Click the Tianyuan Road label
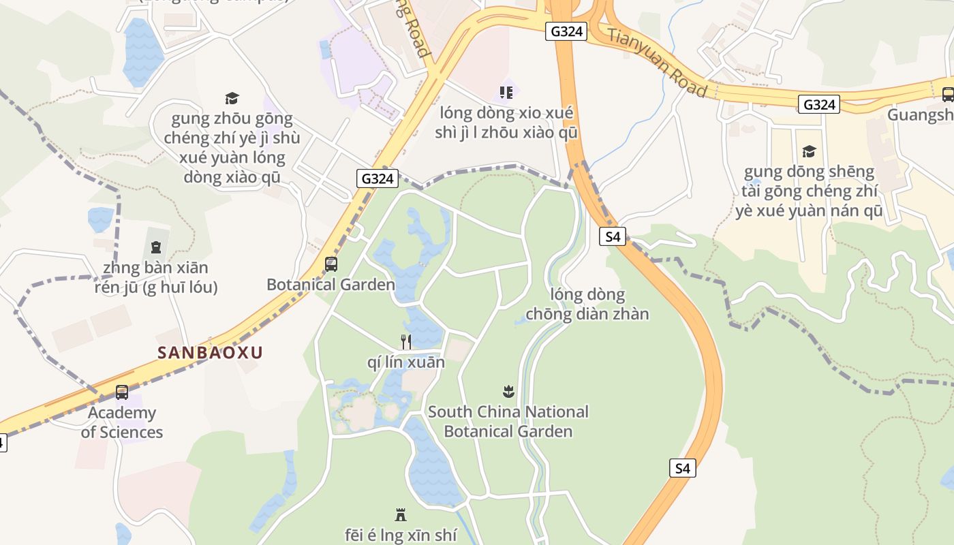click(657, 62)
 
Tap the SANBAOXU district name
click(210, 353)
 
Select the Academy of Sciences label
click(122, 422)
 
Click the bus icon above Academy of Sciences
click(122, 392)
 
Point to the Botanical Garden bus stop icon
click(331, 264)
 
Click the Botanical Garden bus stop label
click(330, 285)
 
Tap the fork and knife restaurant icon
click(405, 341)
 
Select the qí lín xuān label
click(405, 362)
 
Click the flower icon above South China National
click(508, 392)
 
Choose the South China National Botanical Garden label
click(508, 422)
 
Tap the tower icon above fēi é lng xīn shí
click(401, 515)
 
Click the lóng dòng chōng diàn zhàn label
click(587, 305)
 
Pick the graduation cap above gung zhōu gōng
click(232, 99)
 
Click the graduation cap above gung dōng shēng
click(809, 151)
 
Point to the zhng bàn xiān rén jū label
click(155, 277)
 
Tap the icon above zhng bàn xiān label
click(156, 247)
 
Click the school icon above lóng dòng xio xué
click(506, 92)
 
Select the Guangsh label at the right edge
click(920, 114)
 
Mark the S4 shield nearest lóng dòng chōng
click(613, 236)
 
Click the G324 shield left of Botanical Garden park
click(377, 178)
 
